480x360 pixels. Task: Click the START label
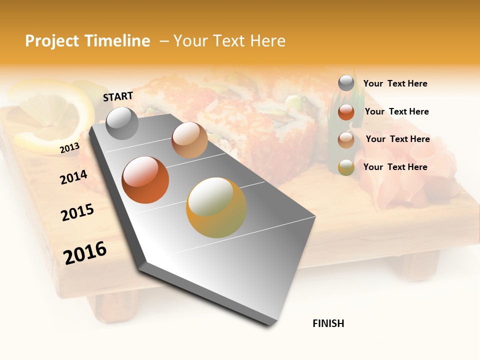[118, 96]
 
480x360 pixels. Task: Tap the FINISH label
[328, 323]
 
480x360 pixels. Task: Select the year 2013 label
[69, 148]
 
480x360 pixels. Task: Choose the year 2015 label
[77, 212]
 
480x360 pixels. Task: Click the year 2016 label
[85, 252]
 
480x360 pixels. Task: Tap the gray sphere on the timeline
[122, 123]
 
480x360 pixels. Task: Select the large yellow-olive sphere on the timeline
[216, 207]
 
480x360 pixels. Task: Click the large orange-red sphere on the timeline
[145, 180]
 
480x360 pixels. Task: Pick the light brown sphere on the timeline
[189, 140]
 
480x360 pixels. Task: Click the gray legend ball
[346, 83]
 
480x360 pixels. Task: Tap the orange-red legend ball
[346, 112]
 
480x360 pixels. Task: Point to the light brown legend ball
[346, 140]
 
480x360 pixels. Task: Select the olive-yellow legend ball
[346, 167]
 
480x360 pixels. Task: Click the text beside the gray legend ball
[395, 84]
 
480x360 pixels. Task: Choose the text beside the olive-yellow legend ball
[395, 167]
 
